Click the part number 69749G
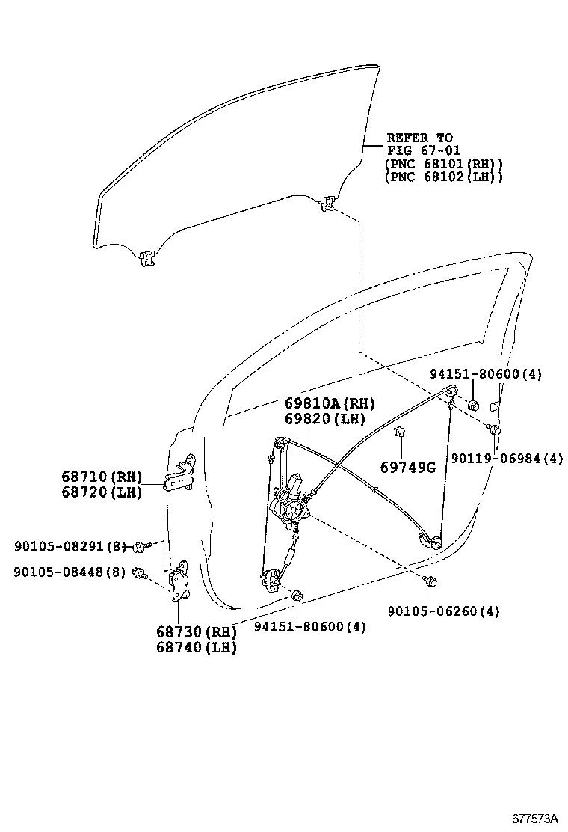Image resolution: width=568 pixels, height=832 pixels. (x=407, y=467)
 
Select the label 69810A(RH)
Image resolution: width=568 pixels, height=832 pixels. (x=329, y=403)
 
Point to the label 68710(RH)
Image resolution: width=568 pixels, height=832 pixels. (x=101, y=476)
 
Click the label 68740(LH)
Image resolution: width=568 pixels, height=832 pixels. (x=196, y=648)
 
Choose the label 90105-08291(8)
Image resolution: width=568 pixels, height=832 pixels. (x=70, y=547)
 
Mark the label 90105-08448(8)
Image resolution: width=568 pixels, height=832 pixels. (x=70, y=572)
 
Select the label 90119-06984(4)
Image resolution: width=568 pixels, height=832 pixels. (x=506, y=458)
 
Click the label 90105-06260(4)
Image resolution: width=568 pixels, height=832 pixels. (x=443, y=611)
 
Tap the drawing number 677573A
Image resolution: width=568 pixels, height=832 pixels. (x=534, y=818)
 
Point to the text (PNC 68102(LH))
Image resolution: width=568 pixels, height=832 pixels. (x=443, y=177)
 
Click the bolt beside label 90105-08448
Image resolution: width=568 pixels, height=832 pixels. (x=138, y=573)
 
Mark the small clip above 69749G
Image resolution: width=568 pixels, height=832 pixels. (x=400, y=432)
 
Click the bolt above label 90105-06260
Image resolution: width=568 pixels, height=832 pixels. (x=430, y=581)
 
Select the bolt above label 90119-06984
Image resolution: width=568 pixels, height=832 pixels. (x=494, y=429)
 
